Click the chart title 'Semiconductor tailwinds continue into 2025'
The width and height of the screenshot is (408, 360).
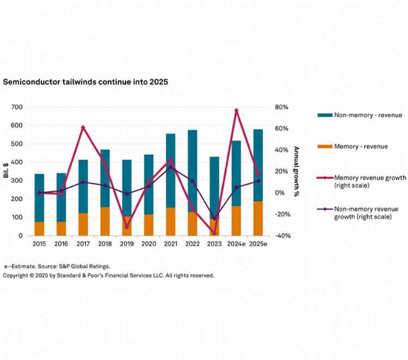(x=85, y=82)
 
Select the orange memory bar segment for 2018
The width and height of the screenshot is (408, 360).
(x=105, y=221)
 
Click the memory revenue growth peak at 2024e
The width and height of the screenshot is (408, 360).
(x=236, y=111)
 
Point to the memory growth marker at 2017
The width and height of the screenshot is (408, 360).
(x=83, y=127)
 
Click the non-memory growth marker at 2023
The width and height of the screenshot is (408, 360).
(x=214, y=218)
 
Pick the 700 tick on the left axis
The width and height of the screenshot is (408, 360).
(x=16, y=107)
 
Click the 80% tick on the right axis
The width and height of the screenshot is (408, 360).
(x=282, y=107)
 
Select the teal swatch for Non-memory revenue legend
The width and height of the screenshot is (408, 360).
(x=325, y=115)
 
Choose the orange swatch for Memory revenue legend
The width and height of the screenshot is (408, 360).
(x=325, y=147)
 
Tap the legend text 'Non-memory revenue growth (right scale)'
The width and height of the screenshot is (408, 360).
(x=366, y=212)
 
